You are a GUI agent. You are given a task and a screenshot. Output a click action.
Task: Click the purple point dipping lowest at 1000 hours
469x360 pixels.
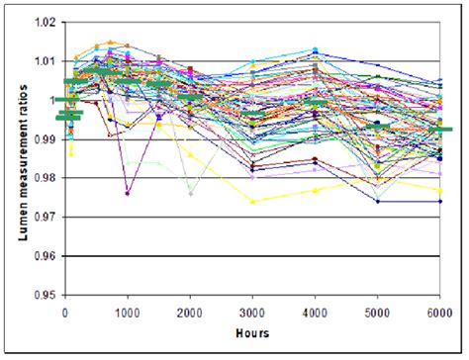pos(128,194)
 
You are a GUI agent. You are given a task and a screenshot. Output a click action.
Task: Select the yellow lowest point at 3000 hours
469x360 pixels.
pos(253,201)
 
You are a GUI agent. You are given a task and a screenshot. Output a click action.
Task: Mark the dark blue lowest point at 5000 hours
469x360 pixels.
pos(378,201)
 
